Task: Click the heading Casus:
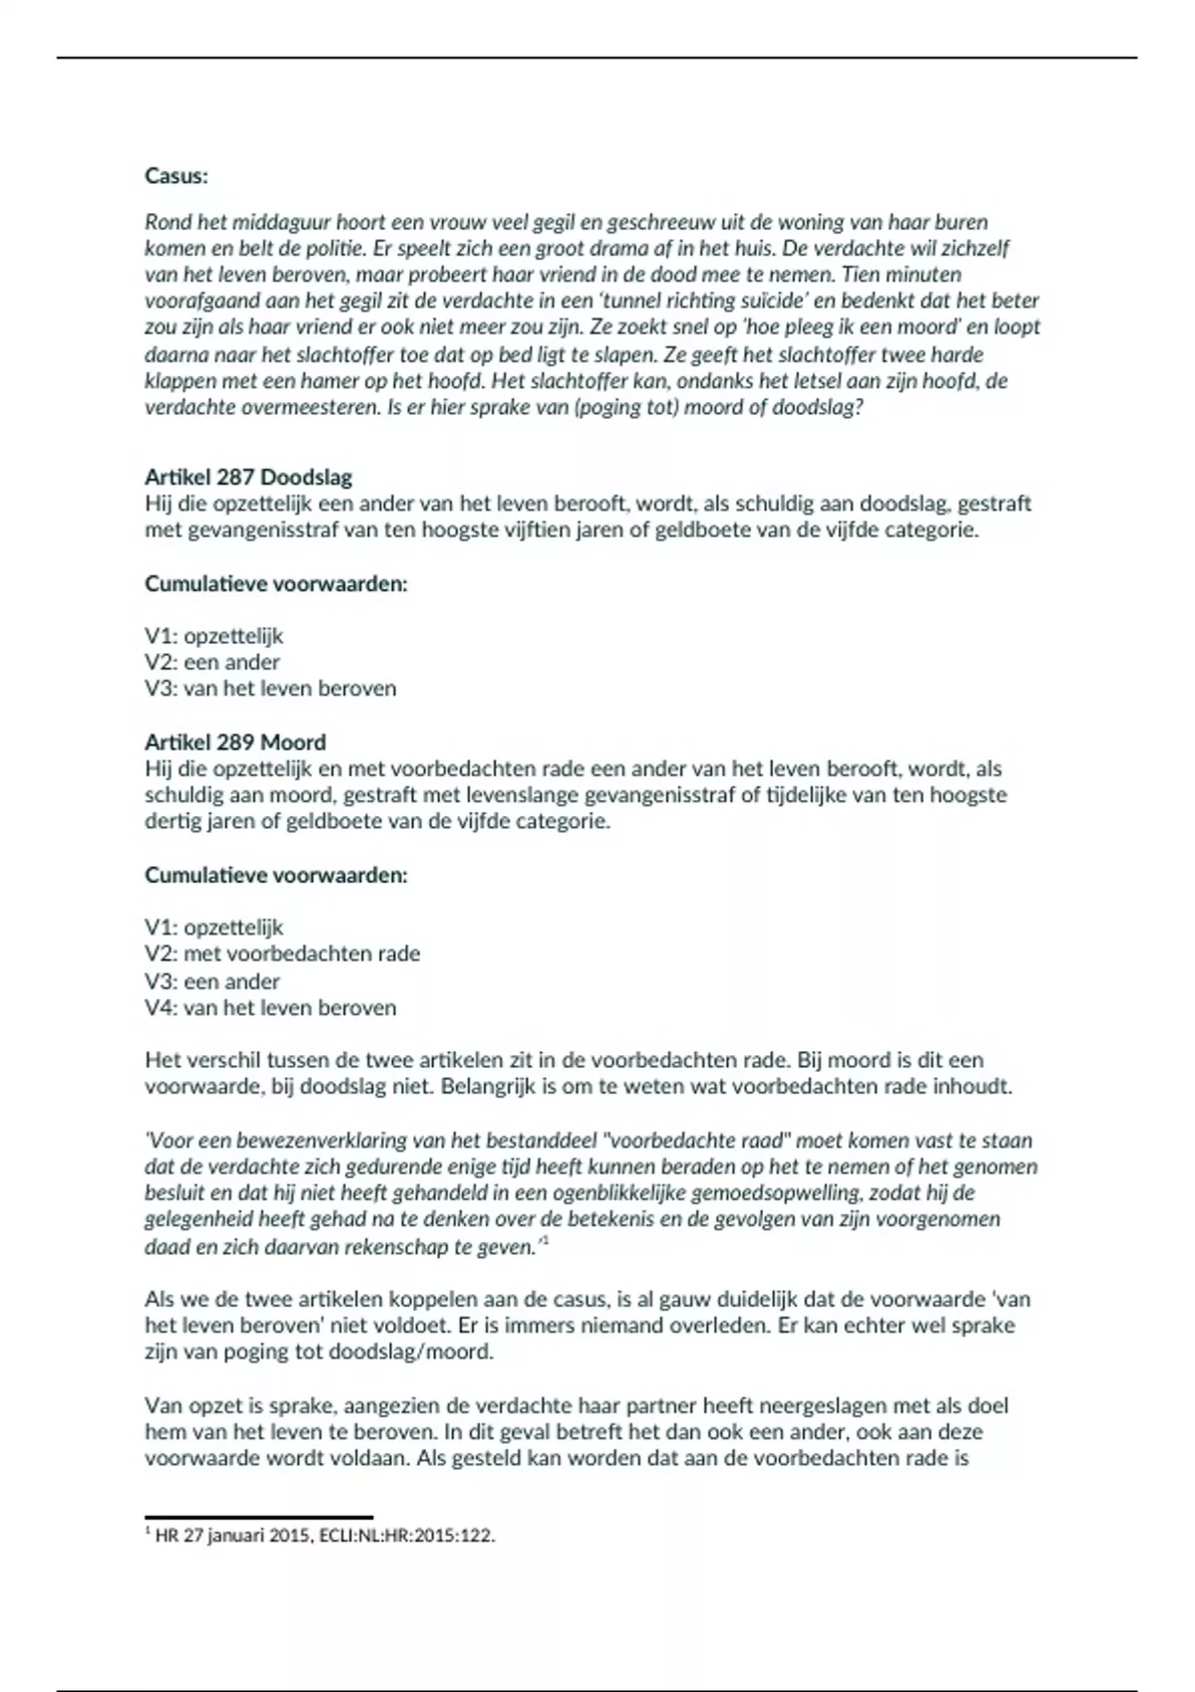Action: point(176,176)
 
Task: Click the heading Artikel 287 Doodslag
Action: point(248,478)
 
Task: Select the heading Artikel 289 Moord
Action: point(235,742)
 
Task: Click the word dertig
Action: point(171,821)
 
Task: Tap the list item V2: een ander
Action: point(212,662)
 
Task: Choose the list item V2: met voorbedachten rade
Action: point(282,953)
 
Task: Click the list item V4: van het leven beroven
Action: point(270,1007)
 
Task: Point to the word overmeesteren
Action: point(308,407)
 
